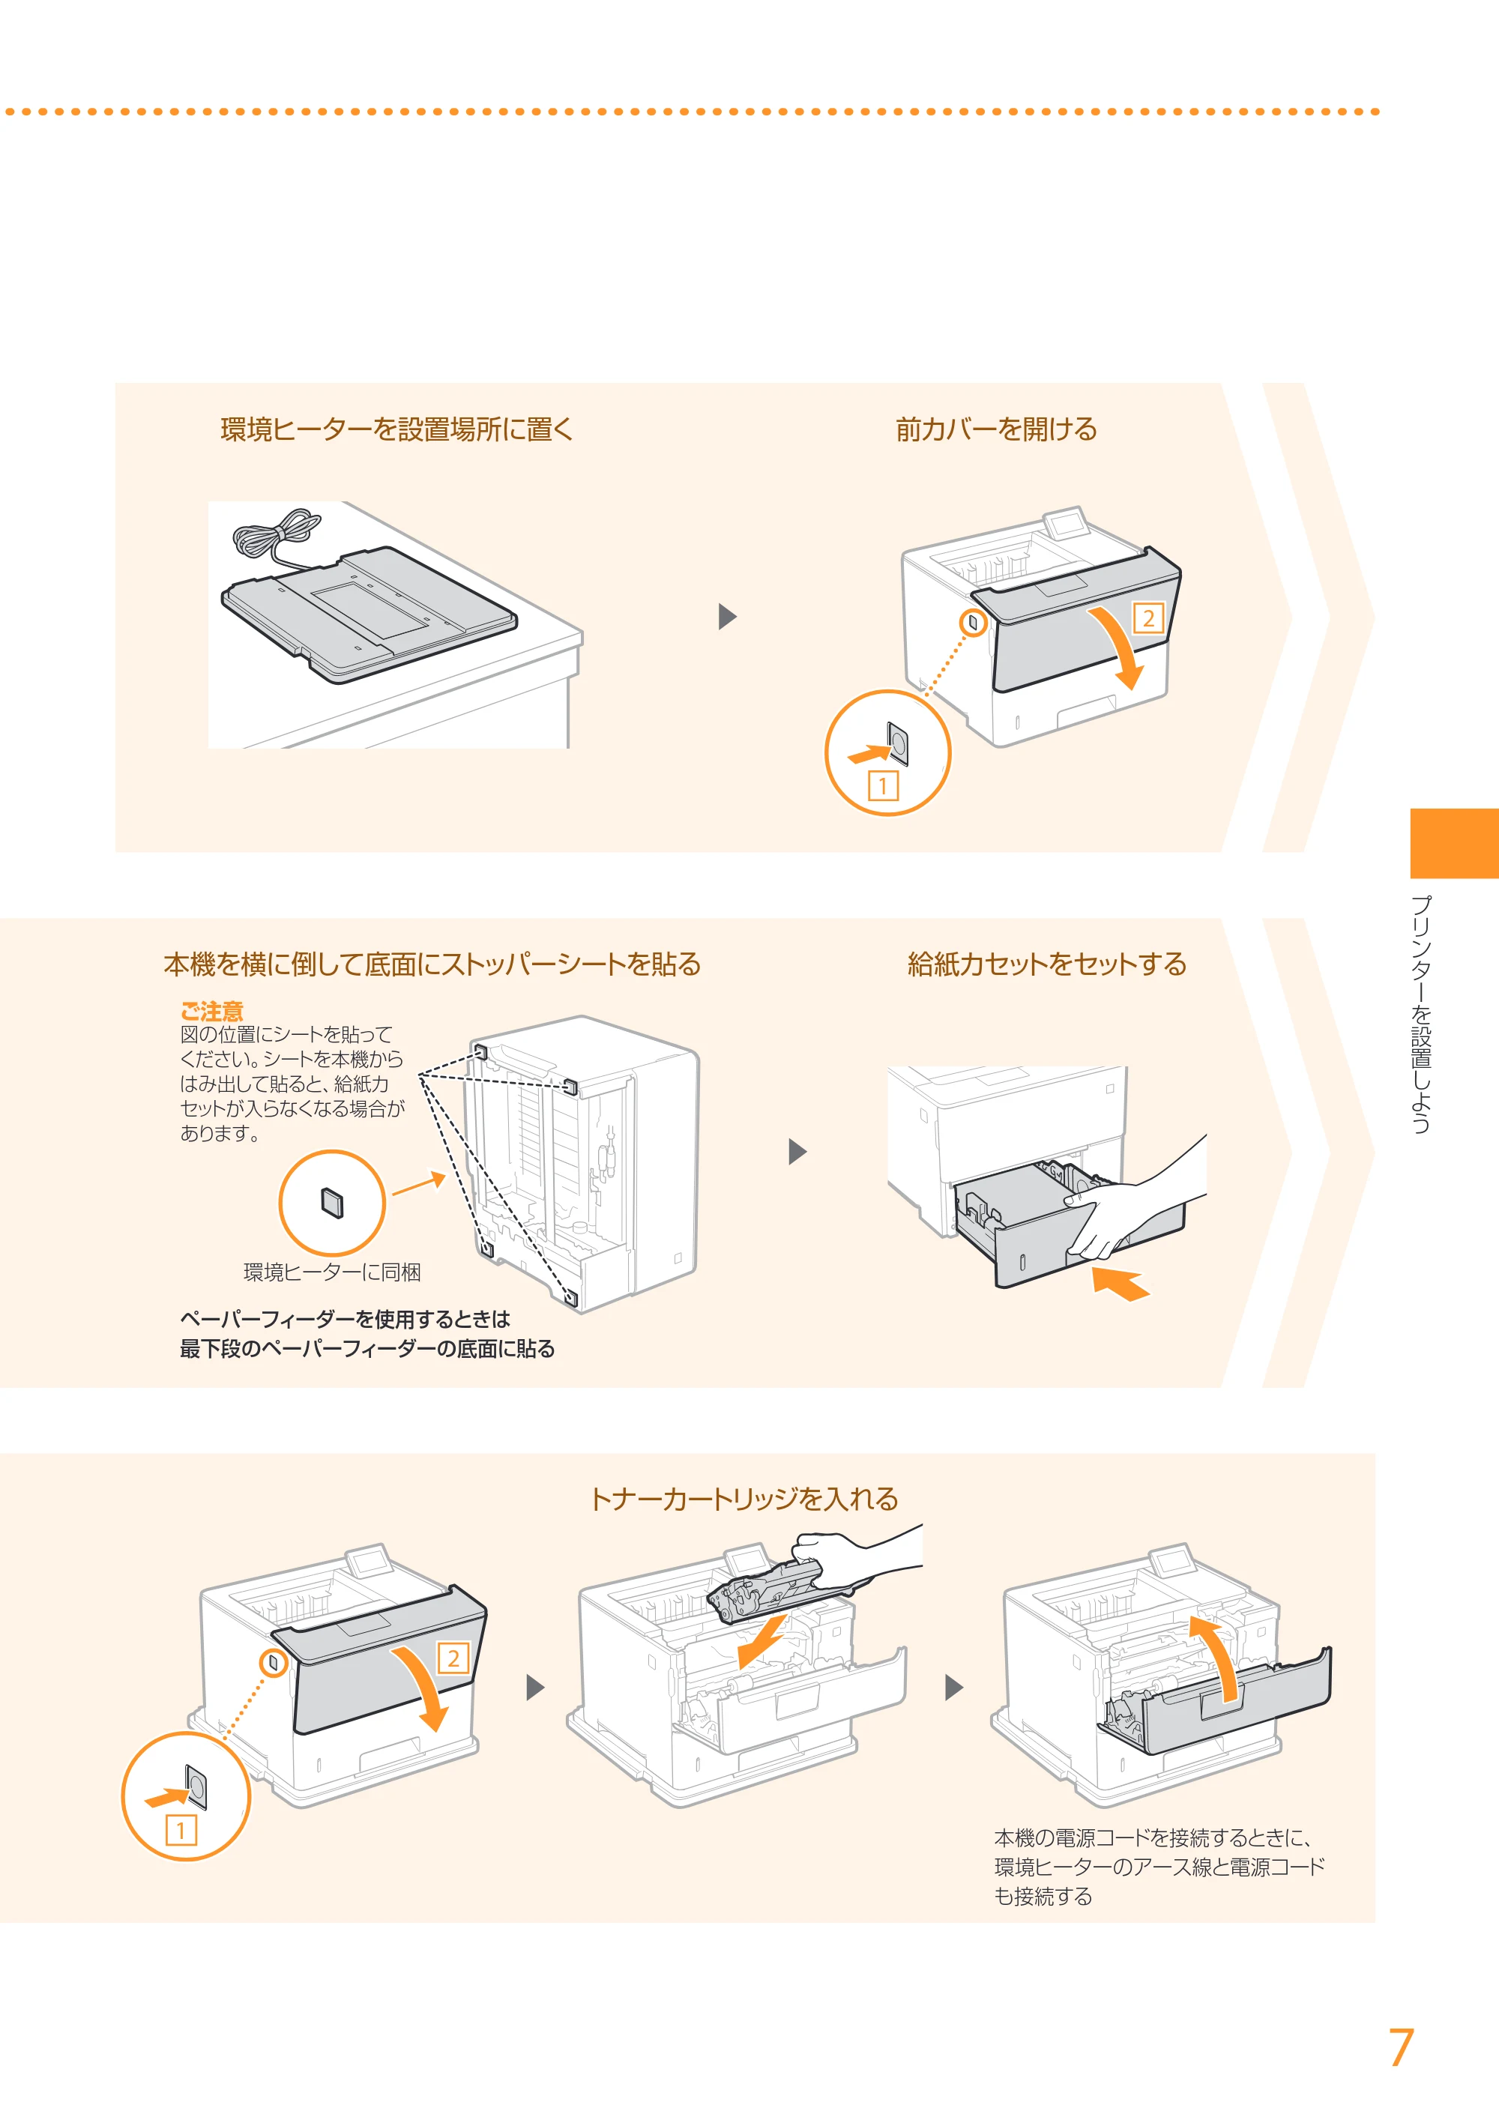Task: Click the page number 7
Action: pyautogui.click(x=1401, y=2048)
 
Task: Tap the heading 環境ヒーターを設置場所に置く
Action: pyautogui.click(x=397, y=429)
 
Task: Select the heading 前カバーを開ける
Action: pyautogui.click(x=996, y=429)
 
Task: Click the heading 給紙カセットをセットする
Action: pyautogui.click(x=1047, y=964)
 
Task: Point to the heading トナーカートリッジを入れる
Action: pyautogui.click(x=744, y=1499)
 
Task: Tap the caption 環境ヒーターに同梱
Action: pyautogui.click(x=331, y=1272)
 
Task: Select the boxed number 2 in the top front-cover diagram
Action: pyautogui.click(x=1148, y=618)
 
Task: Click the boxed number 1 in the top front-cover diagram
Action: pyautogui.click(x=884, y=786)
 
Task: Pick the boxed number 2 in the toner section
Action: pyautogui.click(x=453, y=1658)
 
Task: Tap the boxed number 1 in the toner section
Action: pyautogui.click(x=181, y=1830)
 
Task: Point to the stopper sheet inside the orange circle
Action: pyautogui.click(x=332, y=1204)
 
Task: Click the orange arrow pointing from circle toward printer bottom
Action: pyautogui.click(x=419, y=1184)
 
